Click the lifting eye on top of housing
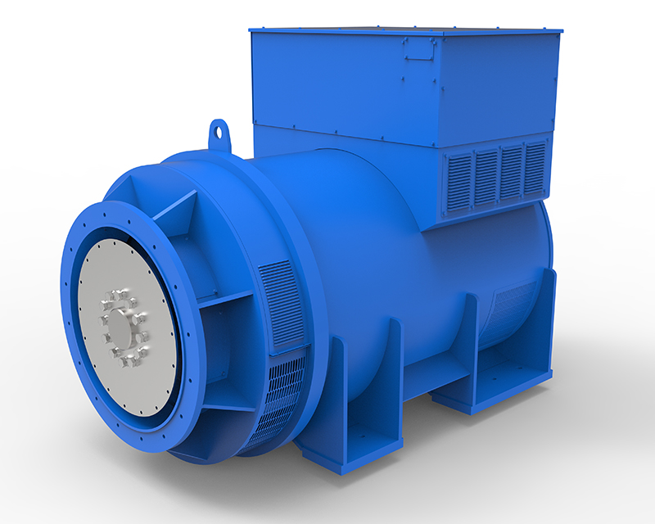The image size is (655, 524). [x=219, y=131]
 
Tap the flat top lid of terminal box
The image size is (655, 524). [x=405, y=29]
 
